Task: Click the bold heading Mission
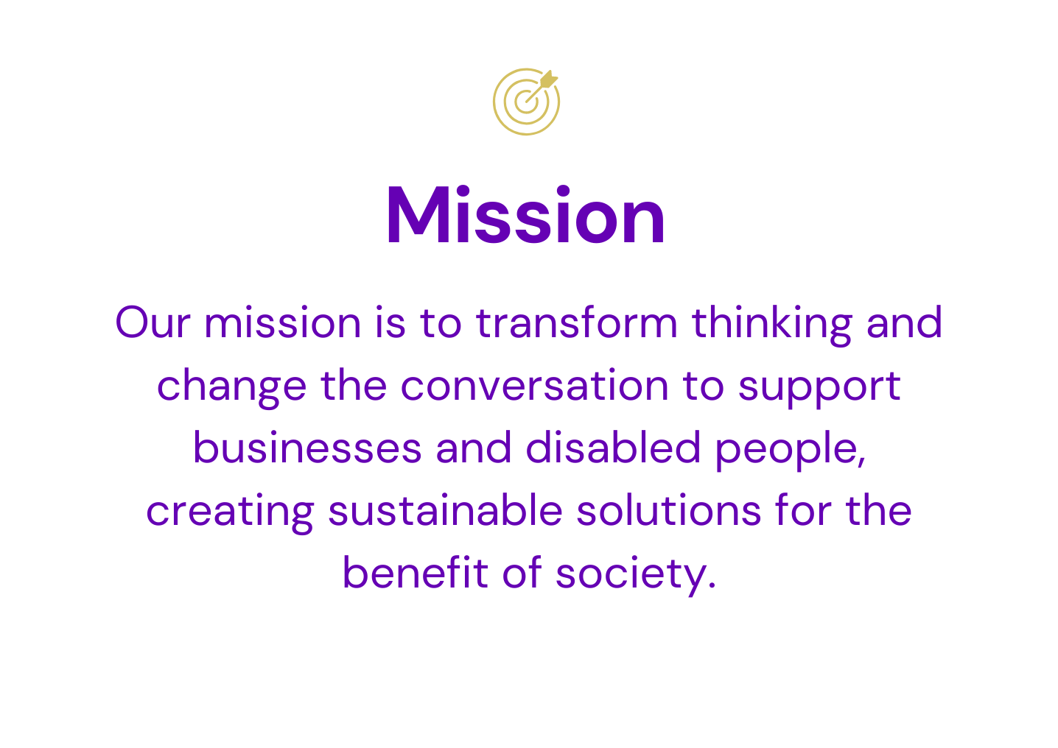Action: pyautogui.click(x=526, y=215)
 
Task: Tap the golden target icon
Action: pyautogui.click(x=526, y=102)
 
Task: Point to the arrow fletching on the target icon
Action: pyautogui.click(x=548, y=80)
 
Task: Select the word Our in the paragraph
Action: pyautogui.click(x=153, y=322)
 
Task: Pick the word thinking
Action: pyautogui.click(x=772, y=325)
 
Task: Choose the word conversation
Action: pyautogui.click(x=535, y=385)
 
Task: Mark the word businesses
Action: pyautogui.click(x=307, y=448)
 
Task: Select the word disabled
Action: pyautogui.click(x=613, y=448)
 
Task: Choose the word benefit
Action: pyautogui.click(x=416, y=572)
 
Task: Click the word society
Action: pyautogui.click(x=636, y=576)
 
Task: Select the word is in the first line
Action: pyautogui.click(x=390, y=322)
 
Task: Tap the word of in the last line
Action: pyautogui.click(x=522, y=572)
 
